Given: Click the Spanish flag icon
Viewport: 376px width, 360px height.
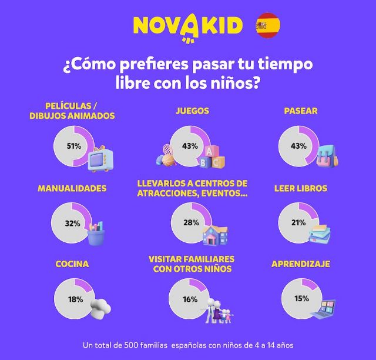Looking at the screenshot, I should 268,26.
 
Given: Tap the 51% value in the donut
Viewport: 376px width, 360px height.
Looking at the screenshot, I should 73,146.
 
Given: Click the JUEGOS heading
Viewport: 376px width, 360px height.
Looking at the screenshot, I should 192,111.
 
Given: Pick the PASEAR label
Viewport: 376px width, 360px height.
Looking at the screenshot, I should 300,111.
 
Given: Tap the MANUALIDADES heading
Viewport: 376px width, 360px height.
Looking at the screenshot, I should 72,189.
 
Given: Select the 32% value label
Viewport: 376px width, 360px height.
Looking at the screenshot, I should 72,223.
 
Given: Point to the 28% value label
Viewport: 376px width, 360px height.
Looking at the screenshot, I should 190,223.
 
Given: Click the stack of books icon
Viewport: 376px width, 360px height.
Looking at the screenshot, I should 320,234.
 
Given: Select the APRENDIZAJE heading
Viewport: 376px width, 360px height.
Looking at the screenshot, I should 301,264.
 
